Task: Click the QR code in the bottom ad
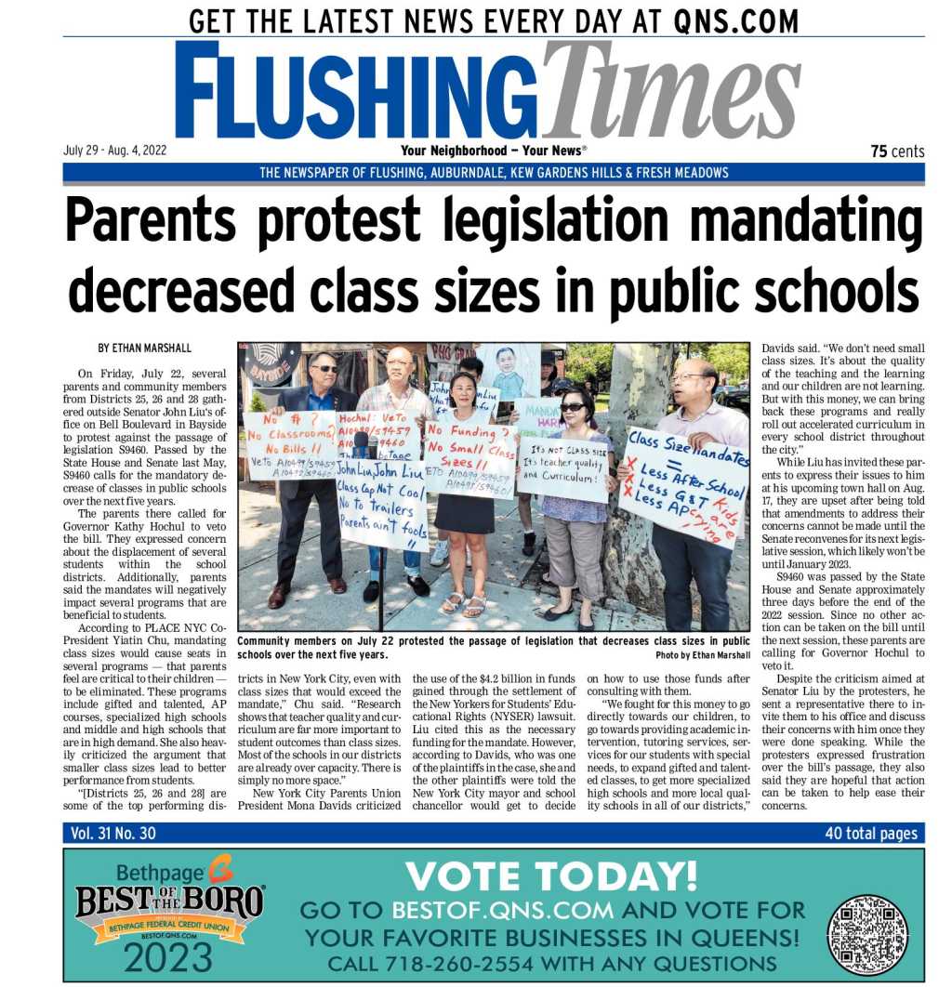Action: coord(867,935)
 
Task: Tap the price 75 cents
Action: coord(897,151)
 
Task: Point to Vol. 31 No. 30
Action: coord(113,834)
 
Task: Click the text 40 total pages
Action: coord(870,834)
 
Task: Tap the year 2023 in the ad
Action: coord(166,957)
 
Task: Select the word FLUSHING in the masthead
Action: coord(358,91)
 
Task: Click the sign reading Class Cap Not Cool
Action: coord(381,507)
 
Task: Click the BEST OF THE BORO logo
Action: coord(169,901)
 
